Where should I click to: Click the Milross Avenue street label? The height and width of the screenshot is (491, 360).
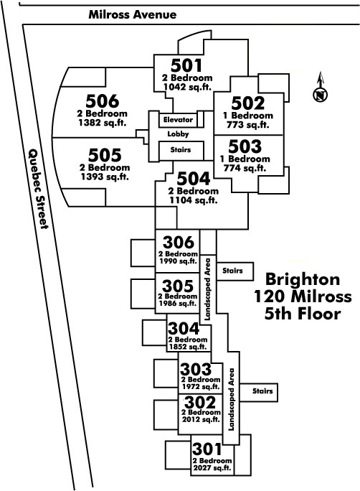[x=132, y=14]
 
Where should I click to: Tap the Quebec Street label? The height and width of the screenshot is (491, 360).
[x=39, y=189]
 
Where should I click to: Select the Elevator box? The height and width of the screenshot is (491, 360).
[x=178, y=120]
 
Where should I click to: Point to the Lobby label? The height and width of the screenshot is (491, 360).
[x=178, y=134]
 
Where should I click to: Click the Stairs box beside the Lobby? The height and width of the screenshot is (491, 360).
[x=181, y=151]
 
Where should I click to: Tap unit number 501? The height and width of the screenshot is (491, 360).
[x=186, y=65]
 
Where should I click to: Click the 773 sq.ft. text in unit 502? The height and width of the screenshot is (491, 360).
[x=247, y=125]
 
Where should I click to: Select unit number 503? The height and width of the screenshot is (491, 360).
[x=245, y=146]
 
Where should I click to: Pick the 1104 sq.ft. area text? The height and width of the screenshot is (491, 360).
[x=194, y=200]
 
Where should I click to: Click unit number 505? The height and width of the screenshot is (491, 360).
[x=105, y=154]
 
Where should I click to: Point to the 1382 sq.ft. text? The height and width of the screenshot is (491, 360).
[x=103, y=123]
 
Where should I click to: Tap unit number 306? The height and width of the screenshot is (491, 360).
[x=179, y=243]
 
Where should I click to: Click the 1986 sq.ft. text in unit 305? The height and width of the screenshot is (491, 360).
[x=178, y=303]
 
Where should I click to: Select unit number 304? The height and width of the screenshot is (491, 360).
[x=184, y=329]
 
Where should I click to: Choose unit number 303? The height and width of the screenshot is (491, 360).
[x=196, y=369]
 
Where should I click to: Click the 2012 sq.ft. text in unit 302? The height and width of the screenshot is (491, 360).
[x=201, y=419]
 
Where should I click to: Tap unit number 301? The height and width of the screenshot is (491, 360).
[x=207, y=449]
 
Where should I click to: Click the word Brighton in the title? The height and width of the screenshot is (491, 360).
[x=303, y=279]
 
